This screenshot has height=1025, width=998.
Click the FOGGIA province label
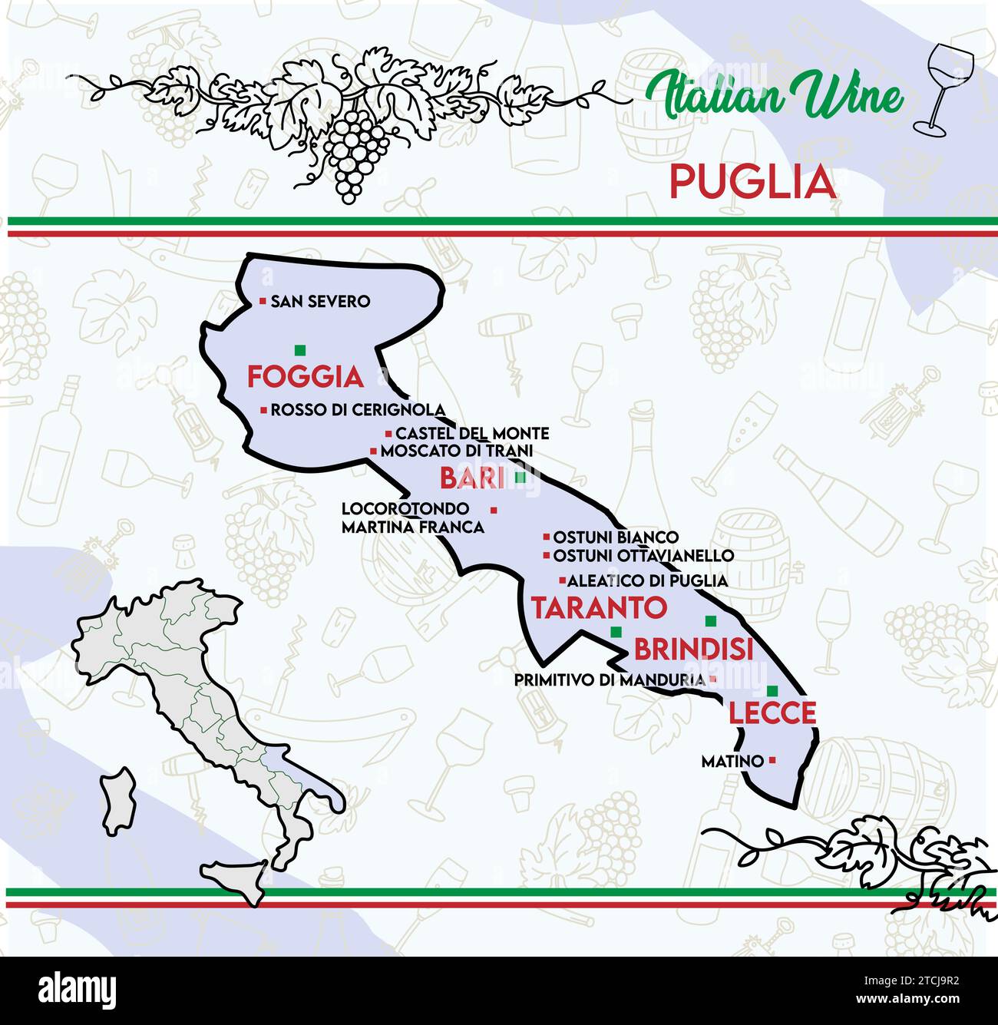[305, 377]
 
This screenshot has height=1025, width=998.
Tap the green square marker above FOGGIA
[299, 350]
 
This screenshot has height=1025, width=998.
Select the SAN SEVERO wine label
[319, 302]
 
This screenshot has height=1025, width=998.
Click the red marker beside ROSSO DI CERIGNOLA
[263, 409]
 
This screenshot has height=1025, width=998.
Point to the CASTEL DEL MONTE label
[472, 434]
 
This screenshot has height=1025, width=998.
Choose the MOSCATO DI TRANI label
[456, 451]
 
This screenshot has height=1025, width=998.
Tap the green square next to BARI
[520, 478]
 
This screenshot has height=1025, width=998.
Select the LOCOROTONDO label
[405, 508]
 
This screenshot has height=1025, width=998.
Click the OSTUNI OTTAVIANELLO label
[643, 555]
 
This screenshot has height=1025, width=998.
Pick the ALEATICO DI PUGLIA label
[646, 580]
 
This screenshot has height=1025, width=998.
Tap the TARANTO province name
[600, 608]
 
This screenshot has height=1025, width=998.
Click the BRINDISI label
[693, 650]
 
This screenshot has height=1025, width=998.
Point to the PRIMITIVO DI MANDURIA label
[610, 680]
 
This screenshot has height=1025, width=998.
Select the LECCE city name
[772, 713]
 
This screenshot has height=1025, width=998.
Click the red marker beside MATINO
[772, 760]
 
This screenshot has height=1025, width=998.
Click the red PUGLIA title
[752, 183]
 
